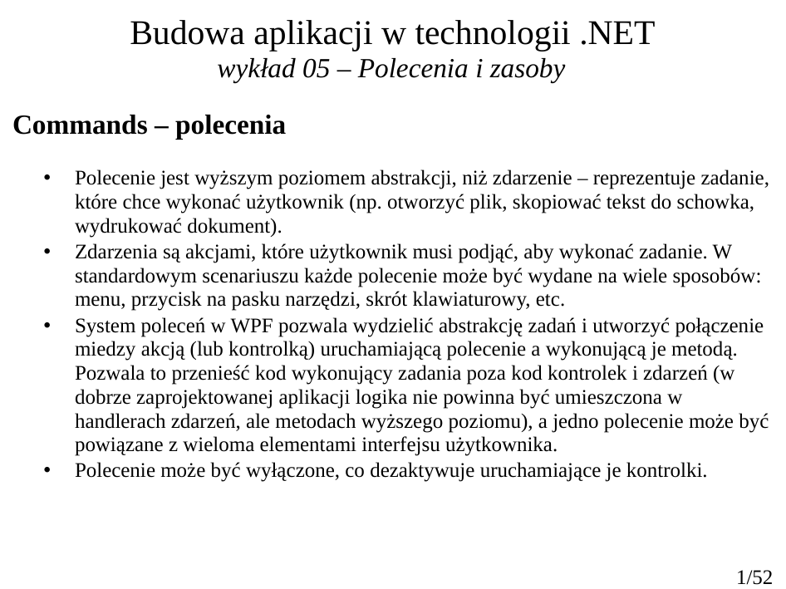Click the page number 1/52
point(754,576)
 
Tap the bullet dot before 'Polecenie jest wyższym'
point(47,178)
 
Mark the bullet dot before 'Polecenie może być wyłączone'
point(47,470)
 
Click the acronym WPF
point(233,323)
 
